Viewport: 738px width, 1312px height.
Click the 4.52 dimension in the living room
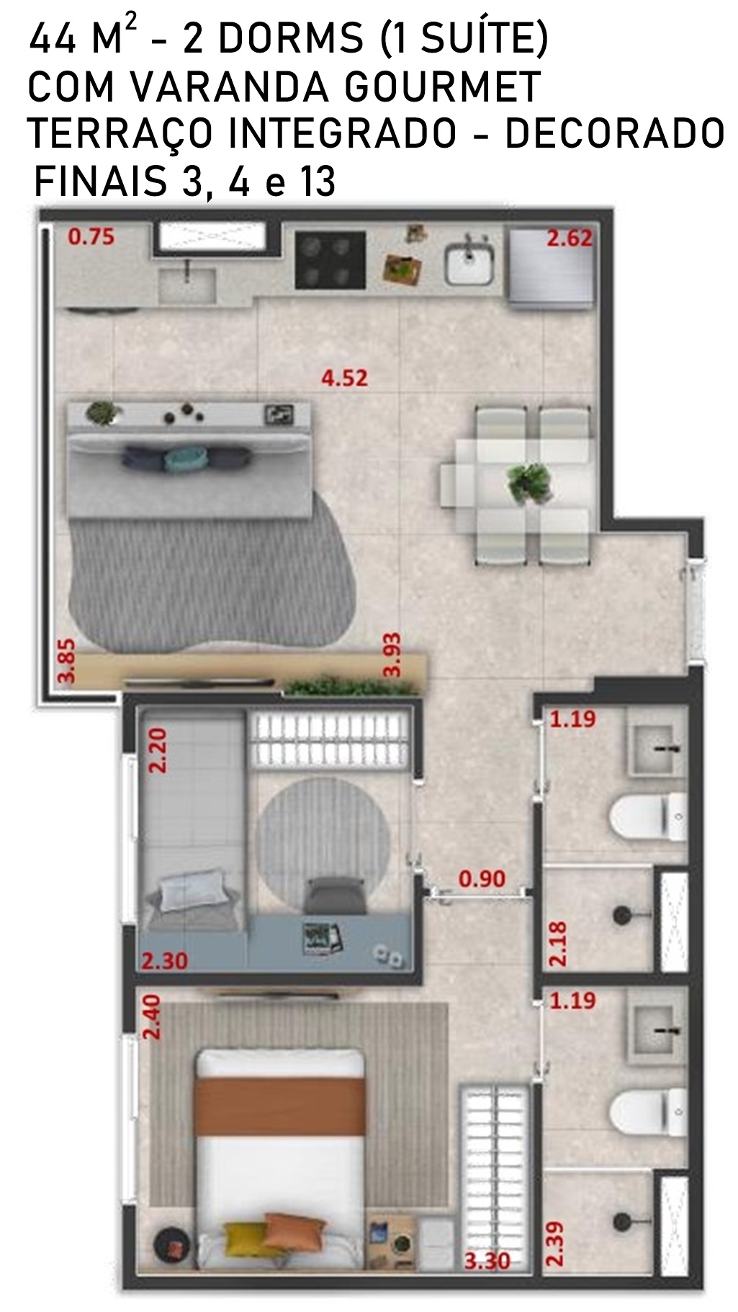point(344,378)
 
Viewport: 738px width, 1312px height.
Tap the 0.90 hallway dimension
point(482,878)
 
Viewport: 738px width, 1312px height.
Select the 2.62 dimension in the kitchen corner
point(570,238)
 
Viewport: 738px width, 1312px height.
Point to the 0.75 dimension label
point(91,236)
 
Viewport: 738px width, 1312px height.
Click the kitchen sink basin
point(467,264)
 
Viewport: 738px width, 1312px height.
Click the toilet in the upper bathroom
point(648,817)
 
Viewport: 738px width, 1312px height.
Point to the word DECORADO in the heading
point(614,133)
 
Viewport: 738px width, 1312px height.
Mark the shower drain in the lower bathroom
point(623,1220)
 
